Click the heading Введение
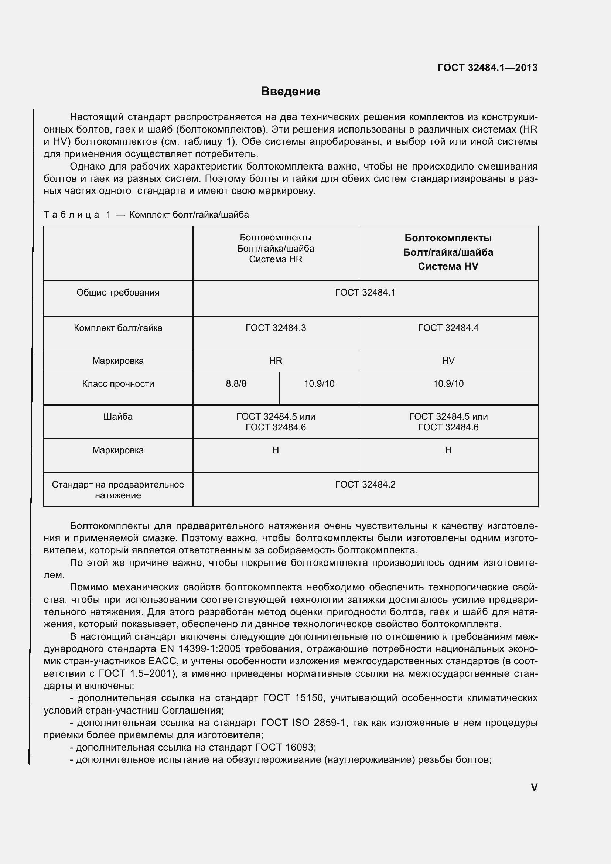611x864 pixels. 290,92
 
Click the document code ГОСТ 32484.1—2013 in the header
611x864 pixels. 488,68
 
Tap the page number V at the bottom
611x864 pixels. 534,787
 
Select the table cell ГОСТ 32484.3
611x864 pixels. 276,328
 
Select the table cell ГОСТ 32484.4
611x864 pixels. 448,328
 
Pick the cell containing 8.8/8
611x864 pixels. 236,384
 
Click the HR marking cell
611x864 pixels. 276,361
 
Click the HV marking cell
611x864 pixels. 448,361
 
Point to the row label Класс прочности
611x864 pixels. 118,384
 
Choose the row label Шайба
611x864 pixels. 118,417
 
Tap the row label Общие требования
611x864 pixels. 118,293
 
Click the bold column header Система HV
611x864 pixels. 448,266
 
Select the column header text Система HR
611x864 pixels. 276,259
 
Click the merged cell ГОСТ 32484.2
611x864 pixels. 365,484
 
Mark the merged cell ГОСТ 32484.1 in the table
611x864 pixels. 365,293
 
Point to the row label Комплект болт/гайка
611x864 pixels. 118,328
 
